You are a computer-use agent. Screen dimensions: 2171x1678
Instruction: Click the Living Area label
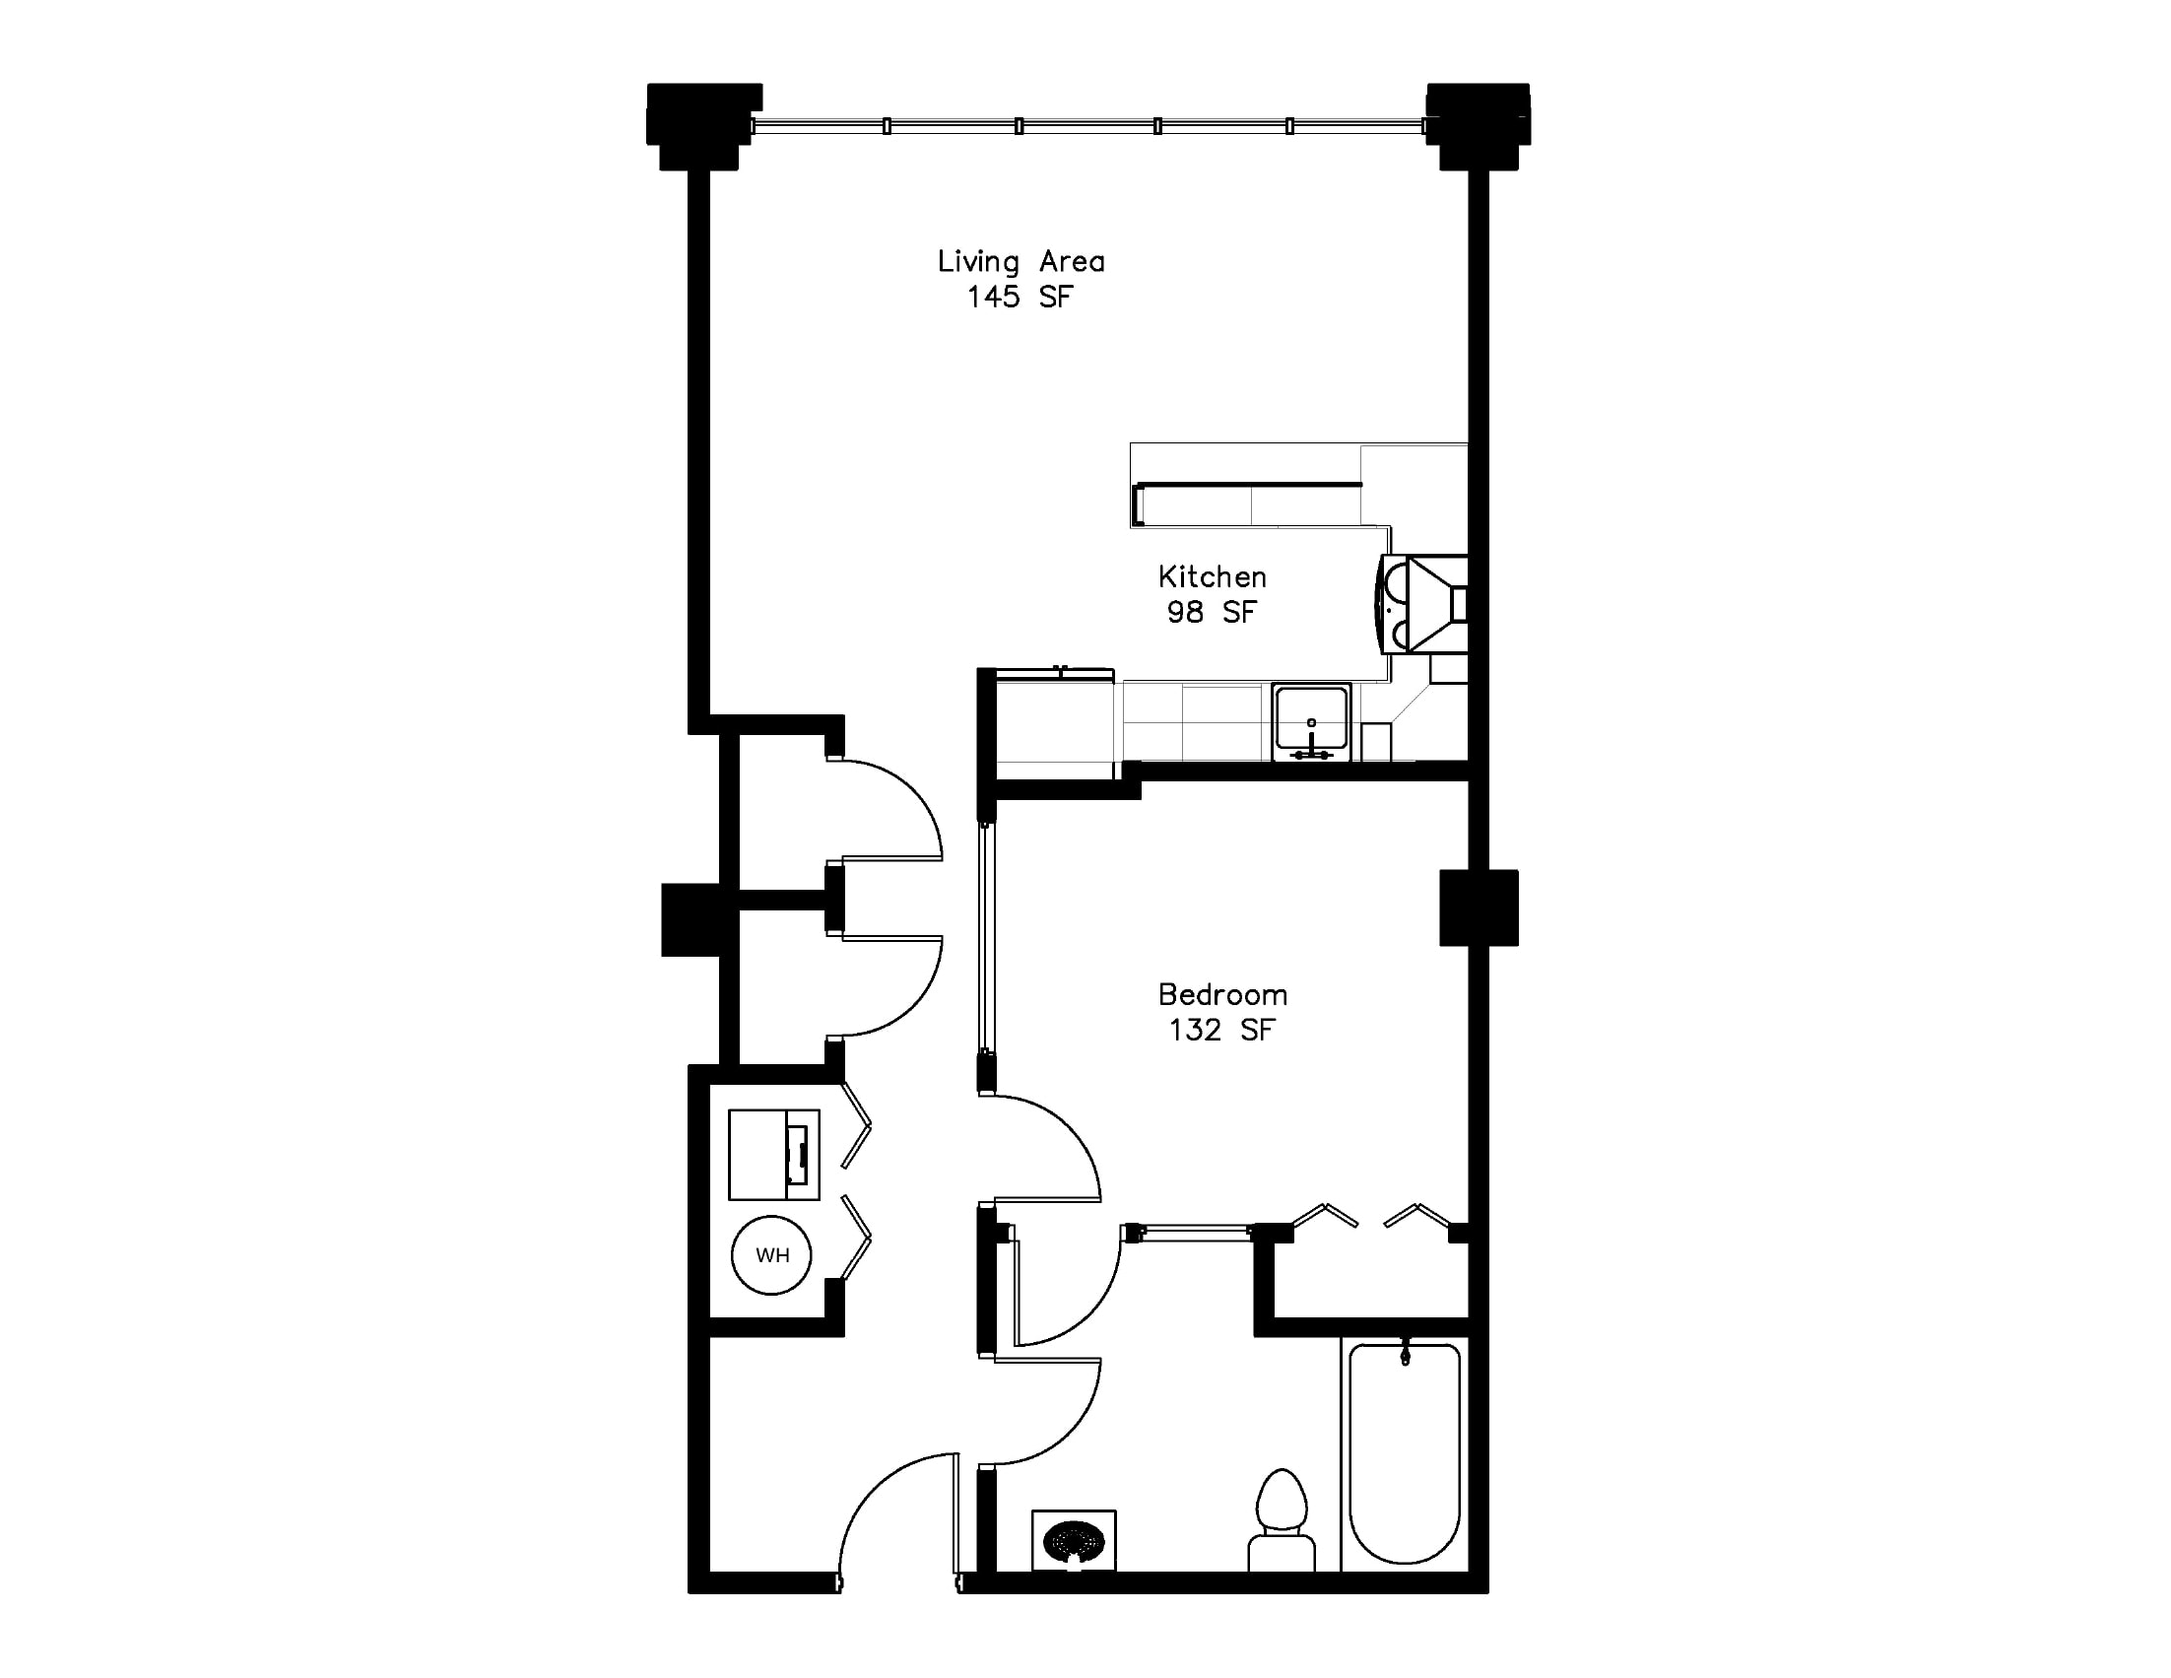1020,261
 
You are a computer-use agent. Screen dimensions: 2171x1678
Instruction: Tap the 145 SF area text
1020,297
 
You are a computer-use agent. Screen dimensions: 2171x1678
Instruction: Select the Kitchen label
1212,576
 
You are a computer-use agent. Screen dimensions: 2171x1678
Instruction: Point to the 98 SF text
1212,611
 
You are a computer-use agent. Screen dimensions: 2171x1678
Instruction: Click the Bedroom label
1222,994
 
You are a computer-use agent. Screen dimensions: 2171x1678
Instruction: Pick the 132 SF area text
1221,1030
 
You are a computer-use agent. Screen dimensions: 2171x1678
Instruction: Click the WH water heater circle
771,1254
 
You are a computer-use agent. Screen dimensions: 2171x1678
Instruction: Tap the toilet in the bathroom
1282,1520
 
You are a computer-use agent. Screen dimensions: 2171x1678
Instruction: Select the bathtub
1405,1453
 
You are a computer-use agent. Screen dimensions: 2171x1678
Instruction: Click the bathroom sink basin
1074,1542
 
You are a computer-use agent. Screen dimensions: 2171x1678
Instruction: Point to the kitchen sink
1311,721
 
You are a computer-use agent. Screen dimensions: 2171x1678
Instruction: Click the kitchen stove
1422,603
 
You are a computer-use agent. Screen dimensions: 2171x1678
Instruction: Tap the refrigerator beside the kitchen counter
1055,722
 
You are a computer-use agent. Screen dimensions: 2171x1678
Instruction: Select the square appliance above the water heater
774,1154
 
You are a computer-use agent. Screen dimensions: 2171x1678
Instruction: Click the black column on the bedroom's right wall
1480,907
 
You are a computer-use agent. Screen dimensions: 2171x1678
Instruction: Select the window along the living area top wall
1088,126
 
